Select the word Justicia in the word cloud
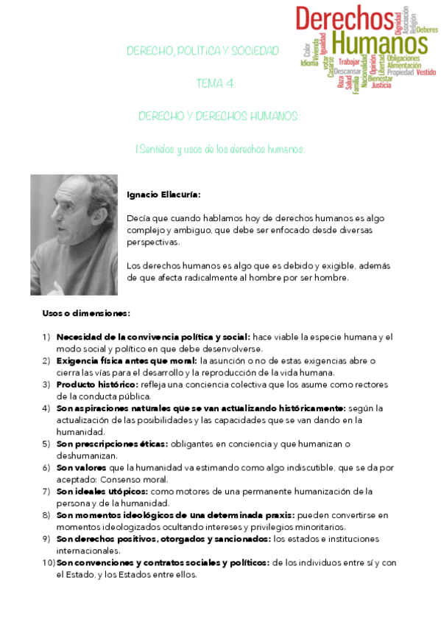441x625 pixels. [x=381, y=85]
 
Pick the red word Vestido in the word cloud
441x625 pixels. [x=426, y=72]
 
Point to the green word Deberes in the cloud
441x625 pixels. [x=427, y=30]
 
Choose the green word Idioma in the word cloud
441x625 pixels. [x=309, y=63]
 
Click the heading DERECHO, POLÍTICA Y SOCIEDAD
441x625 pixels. [x=203, y=51]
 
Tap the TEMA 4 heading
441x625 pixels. [x=216, y=84]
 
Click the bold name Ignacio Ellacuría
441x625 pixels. [x=163, y=195]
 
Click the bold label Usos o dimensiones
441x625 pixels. [x=86, y=313]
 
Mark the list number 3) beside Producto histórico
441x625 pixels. [x=46, y=384]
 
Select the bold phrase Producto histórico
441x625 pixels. [x=96, y=384]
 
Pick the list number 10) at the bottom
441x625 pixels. [x=48, y=562]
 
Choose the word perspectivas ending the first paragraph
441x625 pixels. [x=152, y=241]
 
